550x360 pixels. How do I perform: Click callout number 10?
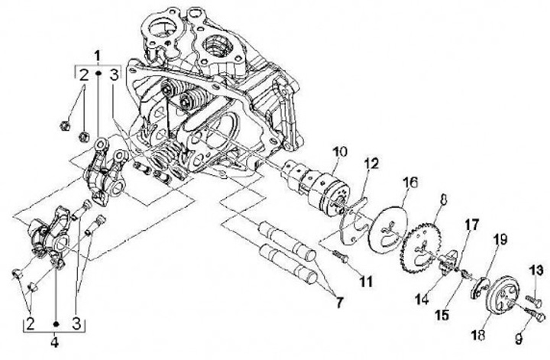click(x=339, y=153)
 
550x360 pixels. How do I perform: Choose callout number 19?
click(x=500, y=240)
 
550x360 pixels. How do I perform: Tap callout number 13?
click(x=535, y=270)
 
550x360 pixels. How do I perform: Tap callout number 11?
click(x=365, y=282)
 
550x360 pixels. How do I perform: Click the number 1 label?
click(x=97, y=55)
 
